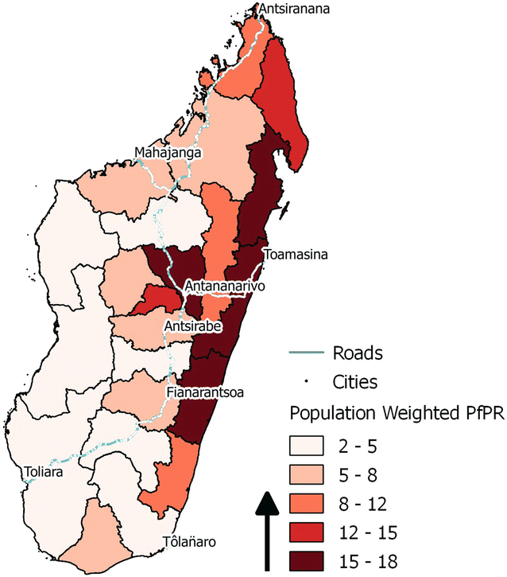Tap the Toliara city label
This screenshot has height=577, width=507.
tap(44, 470)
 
